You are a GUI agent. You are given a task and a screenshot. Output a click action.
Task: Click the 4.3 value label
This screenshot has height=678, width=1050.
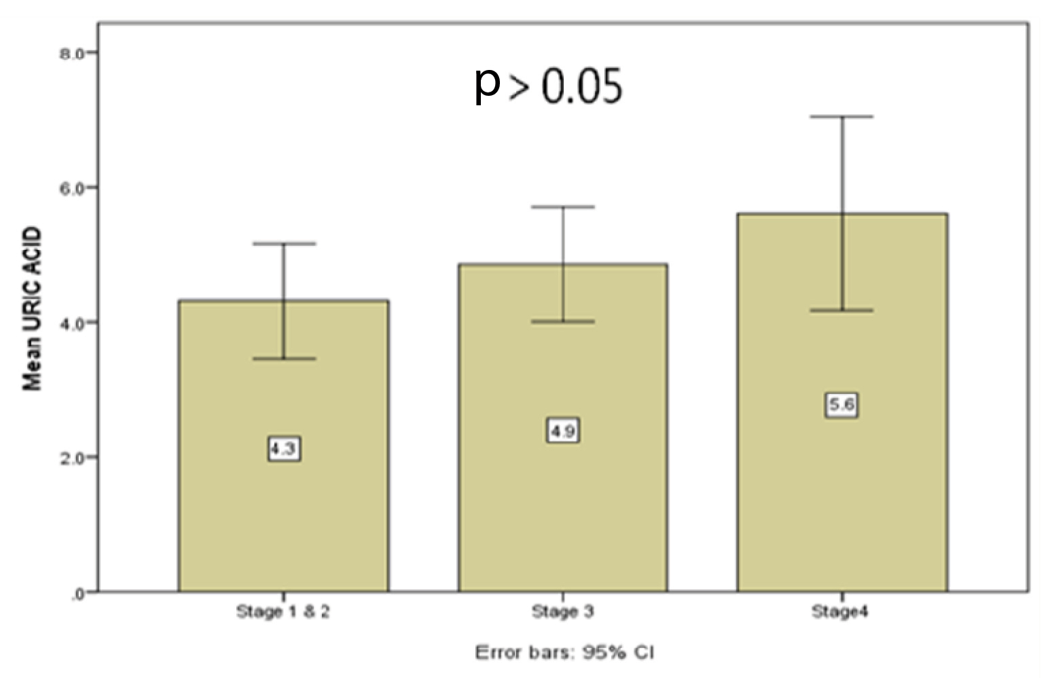point(284,449)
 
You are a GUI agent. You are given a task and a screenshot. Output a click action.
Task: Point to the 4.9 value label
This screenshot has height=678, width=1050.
point(562,431)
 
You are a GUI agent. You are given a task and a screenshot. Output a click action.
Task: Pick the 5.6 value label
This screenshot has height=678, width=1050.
point(841,405)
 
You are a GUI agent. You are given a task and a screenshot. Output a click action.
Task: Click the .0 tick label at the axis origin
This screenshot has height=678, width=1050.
point(77,593)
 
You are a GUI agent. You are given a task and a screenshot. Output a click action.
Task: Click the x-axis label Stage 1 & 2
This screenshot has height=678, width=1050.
point(283,611)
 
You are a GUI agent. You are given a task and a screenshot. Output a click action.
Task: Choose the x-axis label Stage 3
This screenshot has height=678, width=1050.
point(562,611)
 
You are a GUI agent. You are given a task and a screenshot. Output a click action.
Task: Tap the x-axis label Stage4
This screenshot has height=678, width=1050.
point(840,611)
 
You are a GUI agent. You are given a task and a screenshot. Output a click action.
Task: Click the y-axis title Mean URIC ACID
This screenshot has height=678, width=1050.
point(32,309)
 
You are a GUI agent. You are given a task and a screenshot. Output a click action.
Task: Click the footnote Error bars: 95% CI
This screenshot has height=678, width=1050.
point(564,653)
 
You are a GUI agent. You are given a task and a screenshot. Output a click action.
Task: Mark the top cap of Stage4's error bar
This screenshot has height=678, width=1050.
point(842,117)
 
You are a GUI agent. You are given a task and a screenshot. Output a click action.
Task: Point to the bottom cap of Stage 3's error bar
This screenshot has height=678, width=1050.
point(563,321)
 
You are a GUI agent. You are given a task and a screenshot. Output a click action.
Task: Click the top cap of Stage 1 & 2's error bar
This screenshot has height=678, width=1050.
point(283,243)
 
